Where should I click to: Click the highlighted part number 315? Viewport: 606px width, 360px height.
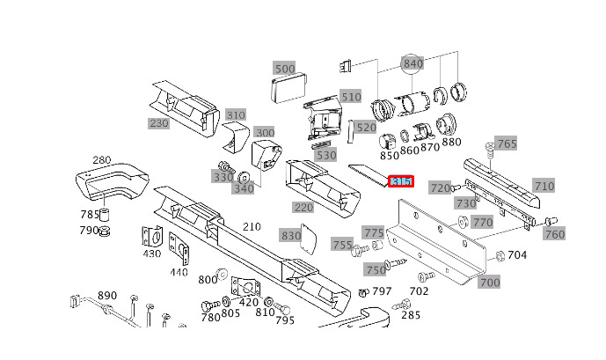(401, 181)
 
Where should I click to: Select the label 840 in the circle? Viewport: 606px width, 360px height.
(413, 63)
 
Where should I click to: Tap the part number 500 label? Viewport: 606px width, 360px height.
(285, 69)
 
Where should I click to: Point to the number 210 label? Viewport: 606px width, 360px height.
(252, 226)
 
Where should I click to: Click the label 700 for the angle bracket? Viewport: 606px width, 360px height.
(490, 283)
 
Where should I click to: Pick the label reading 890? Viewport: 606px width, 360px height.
(107, 296)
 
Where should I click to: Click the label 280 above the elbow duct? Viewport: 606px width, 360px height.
(102, 159)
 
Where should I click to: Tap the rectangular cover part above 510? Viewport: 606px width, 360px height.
(289, 89)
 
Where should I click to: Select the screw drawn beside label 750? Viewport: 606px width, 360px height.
(396, 264)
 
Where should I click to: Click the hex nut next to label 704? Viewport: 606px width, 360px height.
(500, 255)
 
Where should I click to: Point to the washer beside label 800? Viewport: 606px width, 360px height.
(222, 274)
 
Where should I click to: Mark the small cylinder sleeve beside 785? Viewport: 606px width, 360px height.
(105, 214)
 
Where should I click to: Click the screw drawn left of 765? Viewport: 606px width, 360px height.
(490, 151)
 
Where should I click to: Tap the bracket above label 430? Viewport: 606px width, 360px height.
(152, 236)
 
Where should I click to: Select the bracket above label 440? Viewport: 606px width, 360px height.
(179, 249)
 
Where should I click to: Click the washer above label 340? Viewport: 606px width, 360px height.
(244, 178)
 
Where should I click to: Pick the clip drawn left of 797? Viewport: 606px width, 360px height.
(363, 293)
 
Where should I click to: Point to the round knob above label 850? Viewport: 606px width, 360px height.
(387, 142)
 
